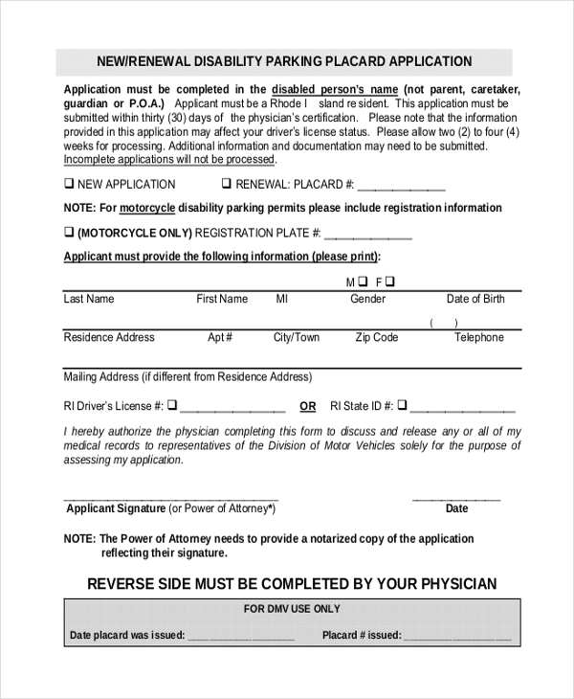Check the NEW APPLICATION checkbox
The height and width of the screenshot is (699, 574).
[69, 184]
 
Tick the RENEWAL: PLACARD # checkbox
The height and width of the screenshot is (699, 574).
[227, 184]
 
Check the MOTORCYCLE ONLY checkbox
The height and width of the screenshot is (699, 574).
[69, 232]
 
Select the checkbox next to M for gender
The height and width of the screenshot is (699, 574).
[364, 282]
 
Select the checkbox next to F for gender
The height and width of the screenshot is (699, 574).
[390, 282]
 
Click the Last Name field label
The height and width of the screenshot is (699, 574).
[88, 299]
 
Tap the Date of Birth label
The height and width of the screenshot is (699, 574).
[475, 299]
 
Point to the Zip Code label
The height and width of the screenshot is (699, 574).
[377, 337]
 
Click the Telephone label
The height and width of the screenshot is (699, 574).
[478, 337]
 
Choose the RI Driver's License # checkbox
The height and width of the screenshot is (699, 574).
[173, 405]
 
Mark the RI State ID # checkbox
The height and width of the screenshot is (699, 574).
[403, 405]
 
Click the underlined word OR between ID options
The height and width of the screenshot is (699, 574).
[307, 406]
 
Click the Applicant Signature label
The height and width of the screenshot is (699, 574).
[115, 508]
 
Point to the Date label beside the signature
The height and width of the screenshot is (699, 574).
[456, 508]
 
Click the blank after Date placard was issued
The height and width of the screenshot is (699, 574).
[241, 636]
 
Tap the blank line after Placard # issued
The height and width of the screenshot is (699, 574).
[457, 636]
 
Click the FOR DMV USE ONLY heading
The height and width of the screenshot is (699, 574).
[291, 609]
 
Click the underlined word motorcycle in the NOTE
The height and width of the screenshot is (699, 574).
[147, 208]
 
